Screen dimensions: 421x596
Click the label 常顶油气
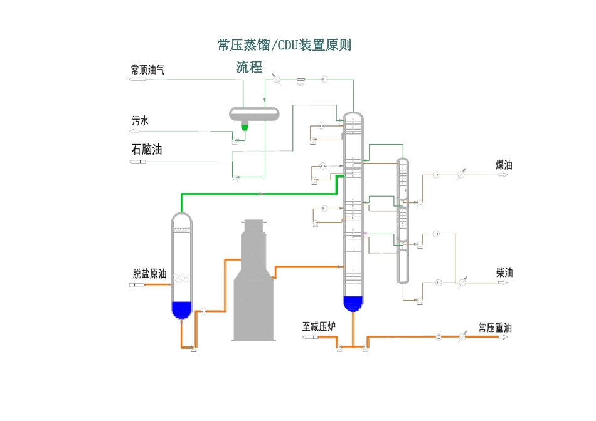point(147,70)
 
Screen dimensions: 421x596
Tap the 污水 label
point(140,121)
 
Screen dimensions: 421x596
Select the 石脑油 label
point(146,150)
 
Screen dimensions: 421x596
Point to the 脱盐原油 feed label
point(149,274)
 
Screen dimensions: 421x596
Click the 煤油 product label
point(504,165)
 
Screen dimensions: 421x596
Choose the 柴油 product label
point(504,273)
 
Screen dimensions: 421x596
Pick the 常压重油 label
point(495,327)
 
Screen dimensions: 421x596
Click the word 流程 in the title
point(249,67)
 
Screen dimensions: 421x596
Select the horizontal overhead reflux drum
point(254,113)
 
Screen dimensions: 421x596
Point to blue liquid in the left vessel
point(181,309)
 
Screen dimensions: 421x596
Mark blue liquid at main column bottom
point(354,303)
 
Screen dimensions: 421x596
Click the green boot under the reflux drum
point(245,127)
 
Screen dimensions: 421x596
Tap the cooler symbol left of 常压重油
point(462,337)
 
